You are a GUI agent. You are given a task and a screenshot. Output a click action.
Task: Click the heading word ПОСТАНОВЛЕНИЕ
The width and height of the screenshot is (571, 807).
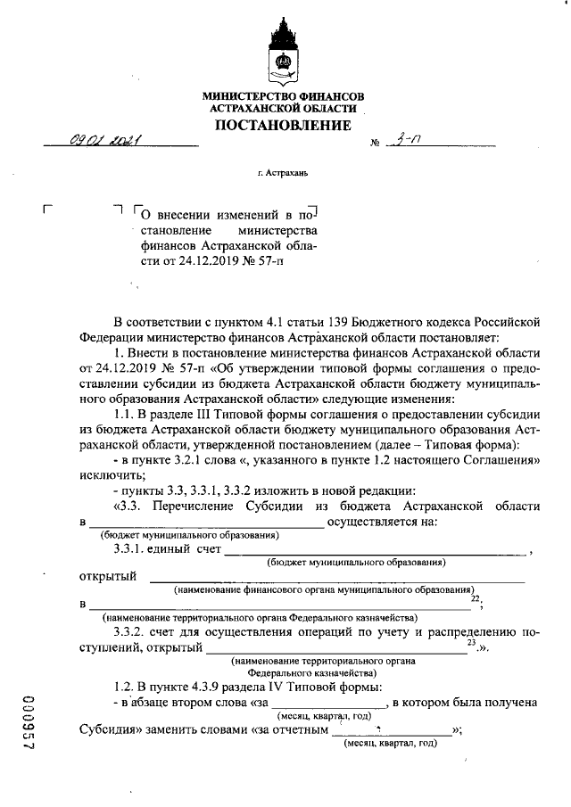283,125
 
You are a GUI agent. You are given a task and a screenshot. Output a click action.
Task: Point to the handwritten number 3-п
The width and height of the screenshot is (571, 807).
410,139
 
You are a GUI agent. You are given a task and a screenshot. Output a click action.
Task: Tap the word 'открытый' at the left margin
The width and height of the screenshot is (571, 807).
108,576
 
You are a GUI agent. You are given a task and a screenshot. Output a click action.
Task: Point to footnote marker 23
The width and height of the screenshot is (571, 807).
471,641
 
